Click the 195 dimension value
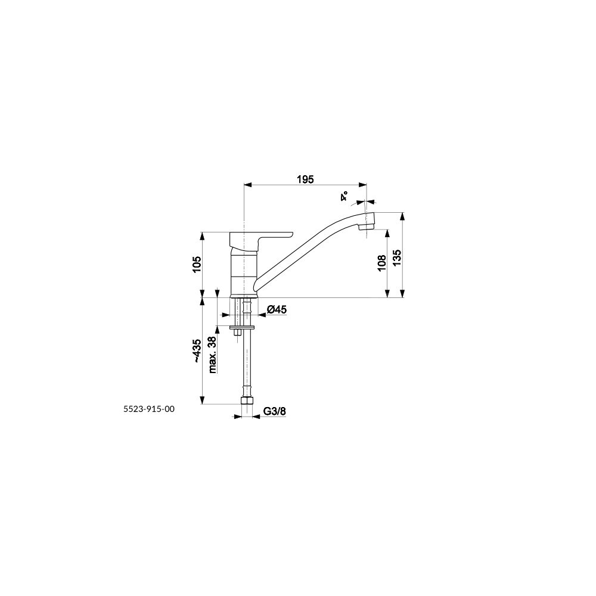(x=306, y=179)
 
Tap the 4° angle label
(x=344, y=197)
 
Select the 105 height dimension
(x=197, y=264)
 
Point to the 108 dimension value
(x=381, y=263)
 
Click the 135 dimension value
(x=397, y=257)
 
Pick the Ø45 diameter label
(x=277, y=309)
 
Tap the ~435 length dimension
(x=197, y=350)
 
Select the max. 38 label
(x=212, y=354)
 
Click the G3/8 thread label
(x=274, y=411)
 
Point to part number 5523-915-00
(x=149, y=409)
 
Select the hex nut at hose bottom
(x=247, y=401)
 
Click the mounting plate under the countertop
(x=243, y=327)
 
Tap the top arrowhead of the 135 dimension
(x=403, y=216)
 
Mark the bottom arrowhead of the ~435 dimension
(x=203, y=400)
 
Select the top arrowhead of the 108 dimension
(x=388, y=234)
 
